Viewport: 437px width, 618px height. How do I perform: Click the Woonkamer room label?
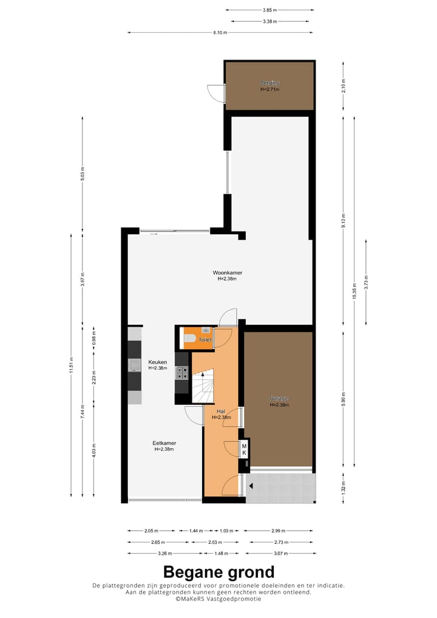(x=227, y=273)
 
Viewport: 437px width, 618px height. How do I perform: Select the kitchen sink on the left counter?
(x=134, y=364)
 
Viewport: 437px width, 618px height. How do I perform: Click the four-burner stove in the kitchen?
(x=181, y=373)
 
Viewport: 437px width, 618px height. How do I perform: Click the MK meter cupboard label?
(x=244, y=449)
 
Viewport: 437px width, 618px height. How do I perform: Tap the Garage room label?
(x=279, y=399)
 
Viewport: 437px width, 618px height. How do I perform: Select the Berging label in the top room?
(x=269, y=83)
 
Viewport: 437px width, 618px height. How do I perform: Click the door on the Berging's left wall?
(x=215, y=92)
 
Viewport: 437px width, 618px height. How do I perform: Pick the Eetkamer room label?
(x=164, y=443)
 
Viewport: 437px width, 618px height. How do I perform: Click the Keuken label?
(x=157, y=362)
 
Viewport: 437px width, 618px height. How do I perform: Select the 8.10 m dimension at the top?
(x=220, y=33)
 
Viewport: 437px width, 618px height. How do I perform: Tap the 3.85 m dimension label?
(x=269, y=10)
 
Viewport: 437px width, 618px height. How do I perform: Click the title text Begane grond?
(x=218, y=572)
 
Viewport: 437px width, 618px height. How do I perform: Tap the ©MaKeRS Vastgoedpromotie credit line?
(x=218, y=599)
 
